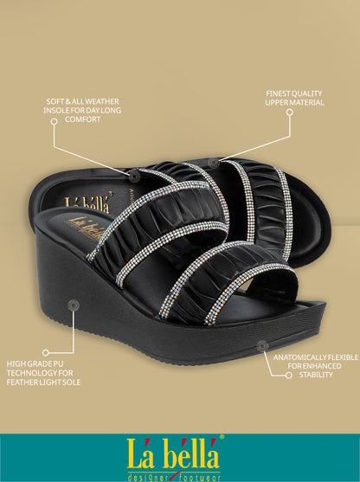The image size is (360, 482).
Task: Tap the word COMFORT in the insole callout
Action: (x=83, y=119)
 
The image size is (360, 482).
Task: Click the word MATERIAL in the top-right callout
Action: (x=309, y=103)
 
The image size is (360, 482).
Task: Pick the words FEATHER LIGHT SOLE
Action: (x=43, y=382)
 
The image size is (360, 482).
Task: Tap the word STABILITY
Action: (x=316, y=375)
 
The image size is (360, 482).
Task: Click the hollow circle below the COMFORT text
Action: (x=55, y=121)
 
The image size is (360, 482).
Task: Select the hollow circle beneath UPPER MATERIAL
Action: (x=290, y=112)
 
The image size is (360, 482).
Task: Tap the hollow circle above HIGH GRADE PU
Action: (x=46, y=352)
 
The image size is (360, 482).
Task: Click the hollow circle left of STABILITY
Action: (x=289, y=376)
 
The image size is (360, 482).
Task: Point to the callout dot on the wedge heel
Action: (x=74, y=305)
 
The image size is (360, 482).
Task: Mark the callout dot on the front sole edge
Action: (x=262, y=346)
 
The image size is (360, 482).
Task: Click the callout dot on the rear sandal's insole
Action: (x=134, y=176)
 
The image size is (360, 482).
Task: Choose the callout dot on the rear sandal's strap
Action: (x=214, y=164)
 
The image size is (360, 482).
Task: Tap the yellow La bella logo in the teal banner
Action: (x=173, y=453)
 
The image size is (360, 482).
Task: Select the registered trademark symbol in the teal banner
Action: (x=222, y=436)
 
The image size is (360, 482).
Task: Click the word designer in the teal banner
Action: (x=148, y=478)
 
